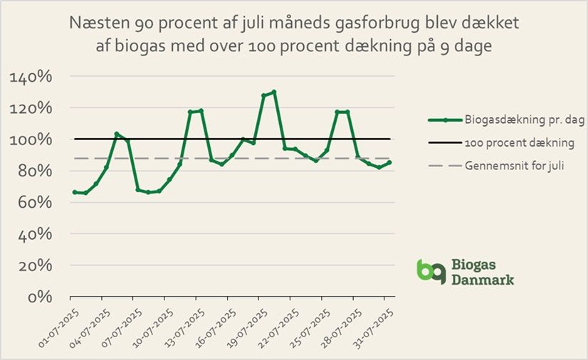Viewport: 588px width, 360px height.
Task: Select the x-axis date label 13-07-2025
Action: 181,326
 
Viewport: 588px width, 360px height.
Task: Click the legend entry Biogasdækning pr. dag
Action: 506,120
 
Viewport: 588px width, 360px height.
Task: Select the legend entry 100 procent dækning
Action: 505,143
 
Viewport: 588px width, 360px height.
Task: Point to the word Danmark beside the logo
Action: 483,280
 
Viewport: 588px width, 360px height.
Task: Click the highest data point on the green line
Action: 274,92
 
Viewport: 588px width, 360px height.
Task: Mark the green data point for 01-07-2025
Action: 75,192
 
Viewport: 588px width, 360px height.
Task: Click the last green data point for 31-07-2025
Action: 389,162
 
